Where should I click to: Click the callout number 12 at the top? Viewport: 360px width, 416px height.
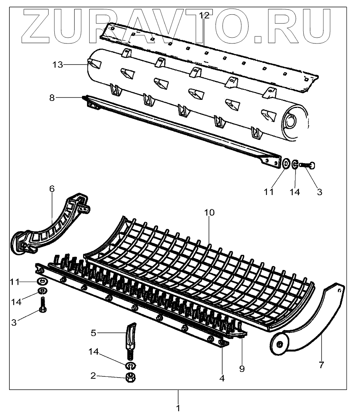pos(204,16)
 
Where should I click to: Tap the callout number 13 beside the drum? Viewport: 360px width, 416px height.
pos(57,65)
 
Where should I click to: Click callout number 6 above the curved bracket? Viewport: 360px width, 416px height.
pos(52,189)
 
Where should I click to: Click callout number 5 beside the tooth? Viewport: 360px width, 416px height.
pos(93,332)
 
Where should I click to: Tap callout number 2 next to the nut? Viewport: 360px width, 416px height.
pos(93,376)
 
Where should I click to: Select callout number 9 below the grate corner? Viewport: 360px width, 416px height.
pos(242,368)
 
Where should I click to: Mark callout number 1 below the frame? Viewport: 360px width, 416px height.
pos(178,408)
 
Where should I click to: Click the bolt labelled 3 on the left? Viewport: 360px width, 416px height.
pos(43,305)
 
